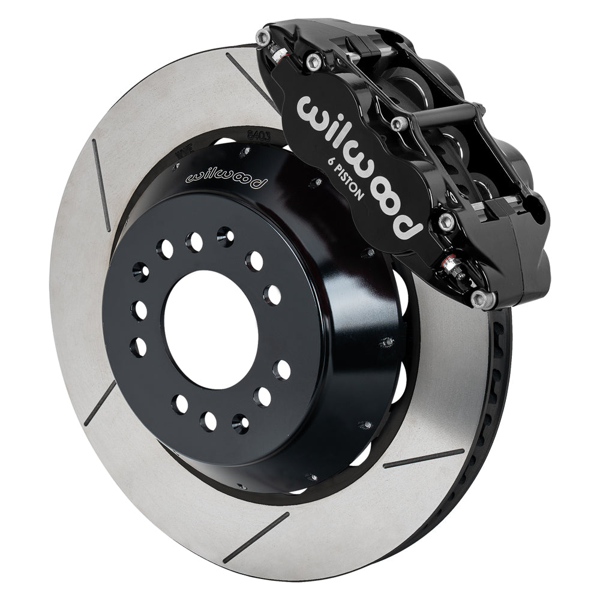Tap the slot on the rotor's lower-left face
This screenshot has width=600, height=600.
[99, 402]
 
